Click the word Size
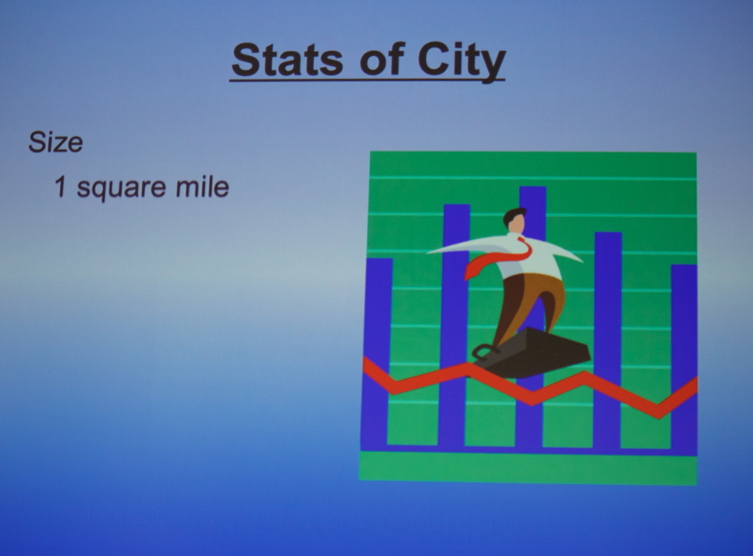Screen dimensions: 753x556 pos(56,142)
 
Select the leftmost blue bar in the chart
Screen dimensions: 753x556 pos(377,353)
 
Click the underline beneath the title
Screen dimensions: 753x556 pos(367,80)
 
